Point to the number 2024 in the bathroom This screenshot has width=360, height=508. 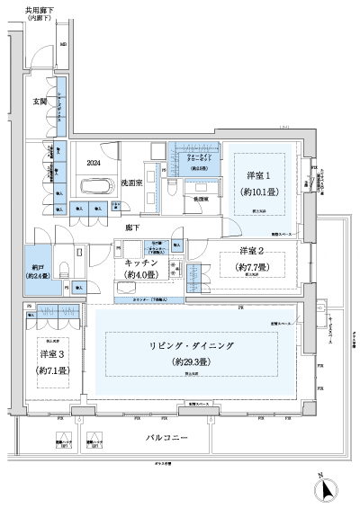pyautogui.click(x=94, y=164)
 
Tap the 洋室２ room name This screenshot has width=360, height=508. pyautogui.click(x=254, y=250)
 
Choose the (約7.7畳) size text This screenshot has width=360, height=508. pyautogui.click(x=254, y=267)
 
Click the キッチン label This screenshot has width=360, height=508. pyautogui.click(x=142, y=262)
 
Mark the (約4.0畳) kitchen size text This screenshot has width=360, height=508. pyautogui.click(x=142, y=274)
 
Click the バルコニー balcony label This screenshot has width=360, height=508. pyautogui.click(x=167, y=437)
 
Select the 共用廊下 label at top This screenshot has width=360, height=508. pyautogui.click(x=28, y=13)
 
